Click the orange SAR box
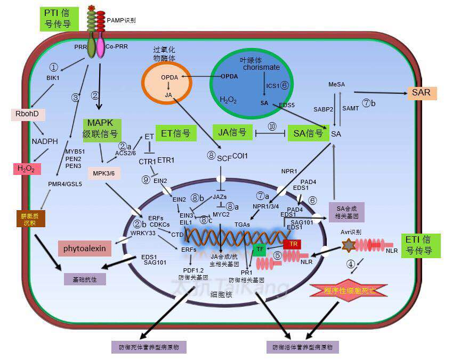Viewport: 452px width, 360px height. click(421, 93)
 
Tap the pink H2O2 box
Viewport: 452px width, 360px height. click(27, 169)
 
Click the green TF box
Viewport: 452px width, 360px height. click(260, 248)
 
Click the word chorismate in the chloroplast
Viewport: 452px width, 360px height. click(261, 68)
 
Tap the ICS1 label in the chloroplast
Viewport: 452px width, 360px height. click(272, 85)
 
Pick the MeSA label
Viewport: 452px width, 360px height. click(337, 85)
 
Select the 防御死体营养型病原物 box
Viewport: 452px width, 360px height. click(149, 347)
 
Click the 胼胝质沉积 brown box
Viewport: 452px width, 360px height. click(31, 219)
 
